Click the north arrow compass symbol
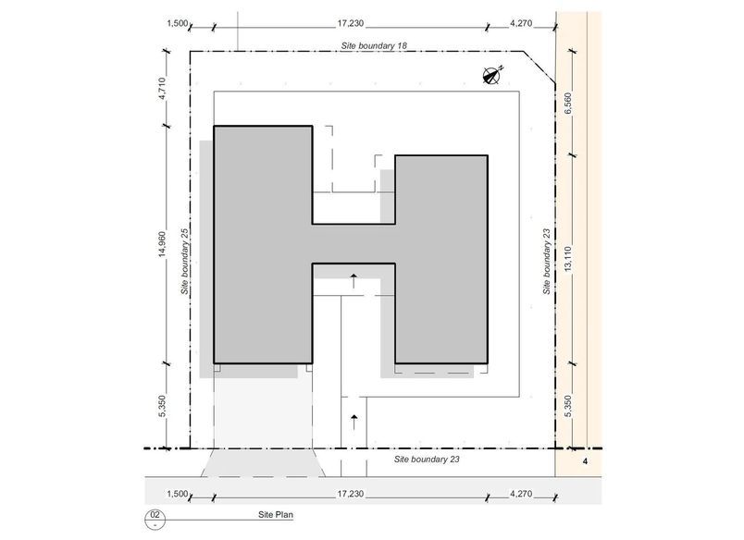492,76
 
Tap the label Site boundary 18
374,46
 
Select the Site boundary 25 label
185,262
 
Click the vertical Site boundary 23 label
547,262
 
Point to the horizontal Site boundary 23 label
427,459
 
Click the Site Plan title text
276,514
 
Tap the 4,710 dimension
162,88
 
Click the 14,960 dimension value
162,245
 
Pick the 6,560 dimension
568,103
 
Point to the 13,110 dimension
568,259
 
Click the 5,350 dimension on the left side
162,406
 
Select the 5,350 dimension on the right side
568,406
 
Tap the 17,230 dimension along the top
351,23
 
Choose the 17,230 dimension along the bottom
351,494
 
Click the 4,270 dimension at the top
521,23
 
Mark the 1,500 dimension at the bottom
178,494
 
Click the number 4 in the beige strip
585,461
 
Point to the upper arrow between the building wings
353,280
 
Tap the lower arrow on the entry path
353,422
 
